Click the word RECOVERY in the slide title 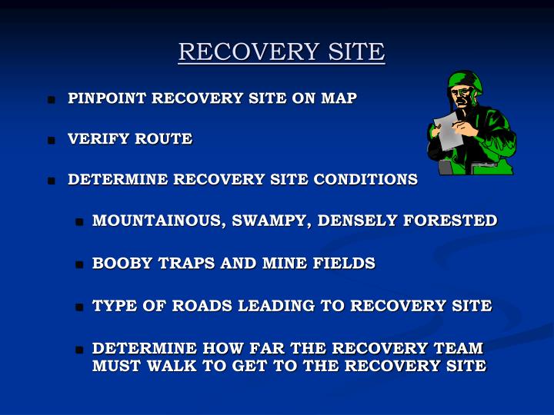coord(249,51)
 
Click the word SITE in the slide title coord(356,51)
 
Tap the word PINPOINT coord(107,98)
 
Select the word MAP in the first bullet coord(339,98)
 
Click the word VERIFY coord(98,138)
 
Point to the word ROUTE coord(164,138)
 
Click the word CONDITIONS coord(365,179)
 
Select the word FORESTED coord(450,221)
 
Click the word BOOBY coord(122,264)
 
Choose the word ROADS coord(202,306)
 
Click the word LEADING coord(276,306)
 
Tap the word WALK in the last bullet coord(172,366)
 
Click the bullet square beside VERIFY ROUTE coord(52,141)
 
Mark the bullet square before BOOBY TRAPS coord(79,264)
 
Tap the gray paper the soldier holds coord(448,131)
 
